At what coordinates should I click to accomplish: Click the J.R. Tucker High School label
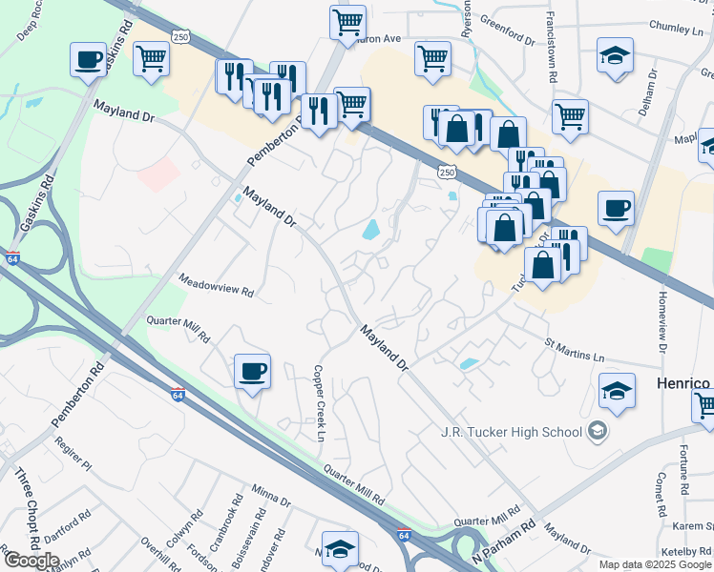pos(511,432)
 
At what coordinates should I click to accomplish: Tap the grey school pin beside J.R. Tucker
pos(598,432)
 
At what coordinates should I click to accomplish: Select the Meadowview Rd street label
pos(218,285)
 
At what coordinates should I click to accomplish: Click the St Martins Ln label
pos(574,350)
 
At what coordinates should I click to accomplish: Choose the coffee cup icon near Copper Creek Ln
pos(252,370)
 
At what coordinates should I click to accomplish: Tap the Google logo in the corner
pos(31,560)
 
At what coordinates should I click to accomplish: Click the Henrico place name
pos(682,382)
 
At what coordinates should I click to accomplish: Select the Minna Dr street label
pos(271,497)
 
